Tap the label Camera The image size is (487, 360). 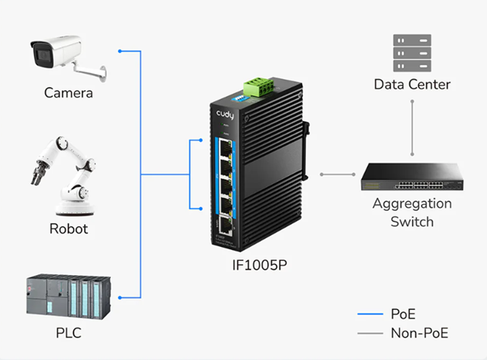click(68, 93)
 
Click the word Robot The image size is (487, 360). click(68, 230)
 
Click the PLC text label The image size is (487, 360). click(68, 333)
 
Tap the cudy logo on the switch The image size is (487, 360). click(226, 114)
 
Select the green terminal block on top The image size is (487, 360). click(258, 87)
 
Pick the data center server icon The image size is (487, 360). click(412, 53)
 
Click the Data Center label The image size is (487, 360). click(412, 84)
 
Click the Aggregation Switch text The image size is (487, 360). click(412, 212)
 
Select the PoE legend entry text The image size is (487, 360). click(404, 314)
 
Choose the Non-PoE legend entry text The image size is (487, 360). click(419, 332)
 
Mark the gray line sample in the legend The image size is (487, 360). click(370, 333)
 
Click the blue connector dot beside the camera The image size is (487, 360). click(119, 52)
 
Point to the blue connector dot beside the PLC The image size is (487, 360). click(119, 297)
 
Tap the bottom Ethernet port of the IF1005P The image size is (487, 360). click(225, 226)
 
